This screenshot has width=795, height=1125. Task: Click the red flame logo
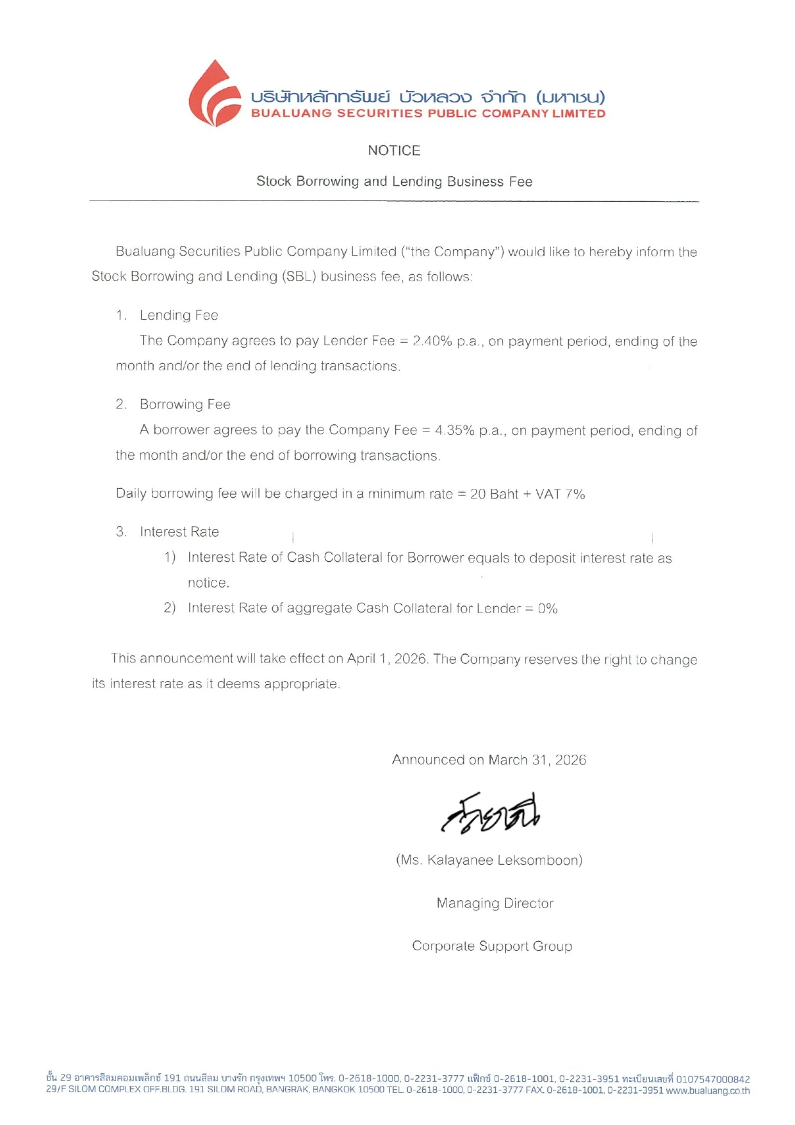click(x=214, y=94)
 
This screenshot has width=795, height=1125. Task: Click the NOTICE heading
click(x=394, y=151)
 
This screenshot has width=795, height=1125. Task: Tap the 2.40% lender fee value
click(x=432, y=341)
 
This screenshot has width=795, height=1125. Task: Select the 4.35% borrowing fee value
click(x=455, y=431)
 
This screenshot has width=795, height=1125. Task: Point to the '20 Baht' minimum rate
click(x=494, y=494)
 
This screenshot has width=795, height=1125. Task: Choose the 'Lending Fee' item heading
click(x=179, y=315)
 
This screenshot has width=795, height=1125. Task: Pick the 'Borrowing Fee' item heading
click(x=184, y=404)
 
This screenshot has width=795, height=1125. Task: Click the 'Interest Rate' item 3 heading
click(x=179, y=532)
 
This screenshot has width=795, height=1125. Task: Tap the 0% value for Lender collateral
click(x=548, y=609)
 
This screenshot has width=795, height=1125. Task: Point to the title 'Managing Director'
click(x=495, y=903)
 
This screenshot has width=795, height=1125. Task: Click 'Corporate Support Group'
click(x=492, y=946)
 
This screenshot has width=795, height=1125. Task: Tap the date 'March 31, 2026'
click(x=537, y=760)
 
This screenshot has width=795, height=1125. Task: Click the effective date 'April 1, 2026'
click(x=387, y=659)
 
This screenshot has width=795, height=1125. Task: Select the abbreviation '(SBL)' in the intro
click(x=299, y=277)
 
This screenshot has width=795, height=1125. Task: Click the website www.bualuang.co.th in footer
click(x=708, y=1090)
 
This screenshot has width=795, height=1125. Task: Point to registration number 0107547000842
click(x=713, y=1080)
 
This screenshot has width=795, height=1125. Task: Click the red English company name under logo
click(x=428, y=114)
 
